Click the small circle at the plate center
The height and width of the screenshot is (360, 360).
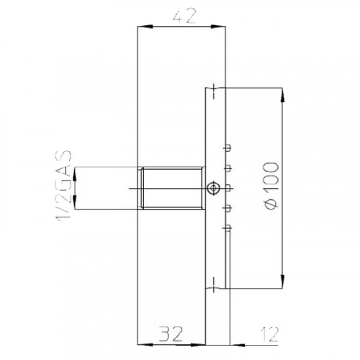click(x=212, y=189)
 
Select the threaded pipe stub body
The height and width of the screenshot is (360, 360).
click(x=173, y=188)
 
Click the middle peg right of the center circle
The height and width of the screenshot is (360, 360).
click(x=229, y=189)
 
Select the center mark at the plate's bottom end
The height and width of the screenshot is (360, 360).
click(x=213, y=289)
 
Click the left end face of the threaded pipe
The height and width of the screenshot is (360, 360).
click(x=140, y=188)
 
